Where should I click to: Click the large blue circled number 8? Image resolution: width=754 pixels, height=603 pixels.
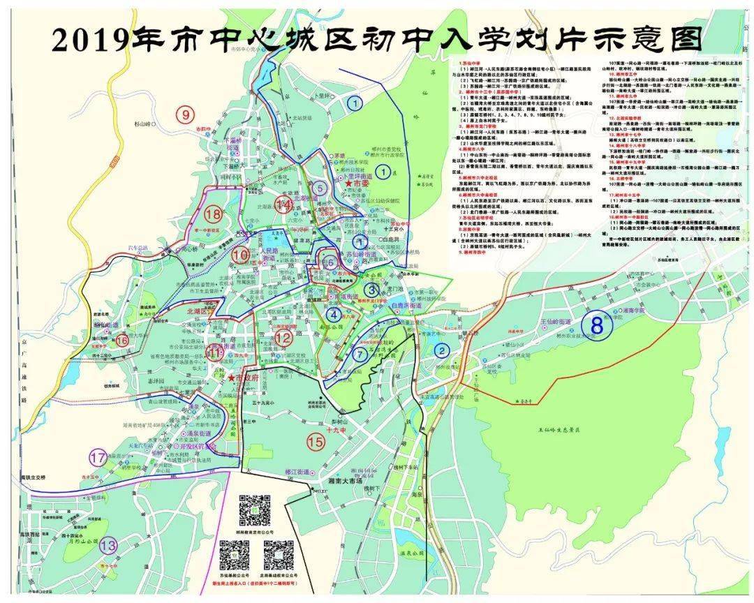click(x=596, y=326)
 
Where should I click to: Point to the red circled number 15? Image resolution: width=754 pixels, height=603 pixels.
click(x=316, y=441)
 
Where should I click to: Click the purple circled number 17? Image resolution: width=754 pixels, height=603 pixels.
click(x=98, y=458)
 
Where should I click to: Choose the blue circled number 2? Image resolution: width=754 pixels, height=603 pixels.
click(x=441, y=350)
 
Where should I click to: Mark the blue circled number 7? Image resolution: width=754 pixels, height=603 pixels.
click(x=360, y=354)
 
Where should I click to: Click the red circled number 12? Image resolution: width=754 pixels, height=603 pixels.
click(x=283, y=338)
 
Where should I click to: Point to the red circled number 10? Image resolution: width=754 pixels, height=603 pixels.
click(x=240, y=255)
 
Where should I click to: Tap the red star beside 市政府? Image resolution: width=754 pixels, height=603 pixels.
click(x=230, y=378)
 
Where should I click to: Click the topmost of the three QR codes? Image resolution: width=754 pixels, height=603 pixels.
click(x=255, y=510)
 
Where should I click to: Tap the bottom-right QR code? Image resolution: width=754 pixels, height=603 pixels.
click(x=278, y=556)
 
